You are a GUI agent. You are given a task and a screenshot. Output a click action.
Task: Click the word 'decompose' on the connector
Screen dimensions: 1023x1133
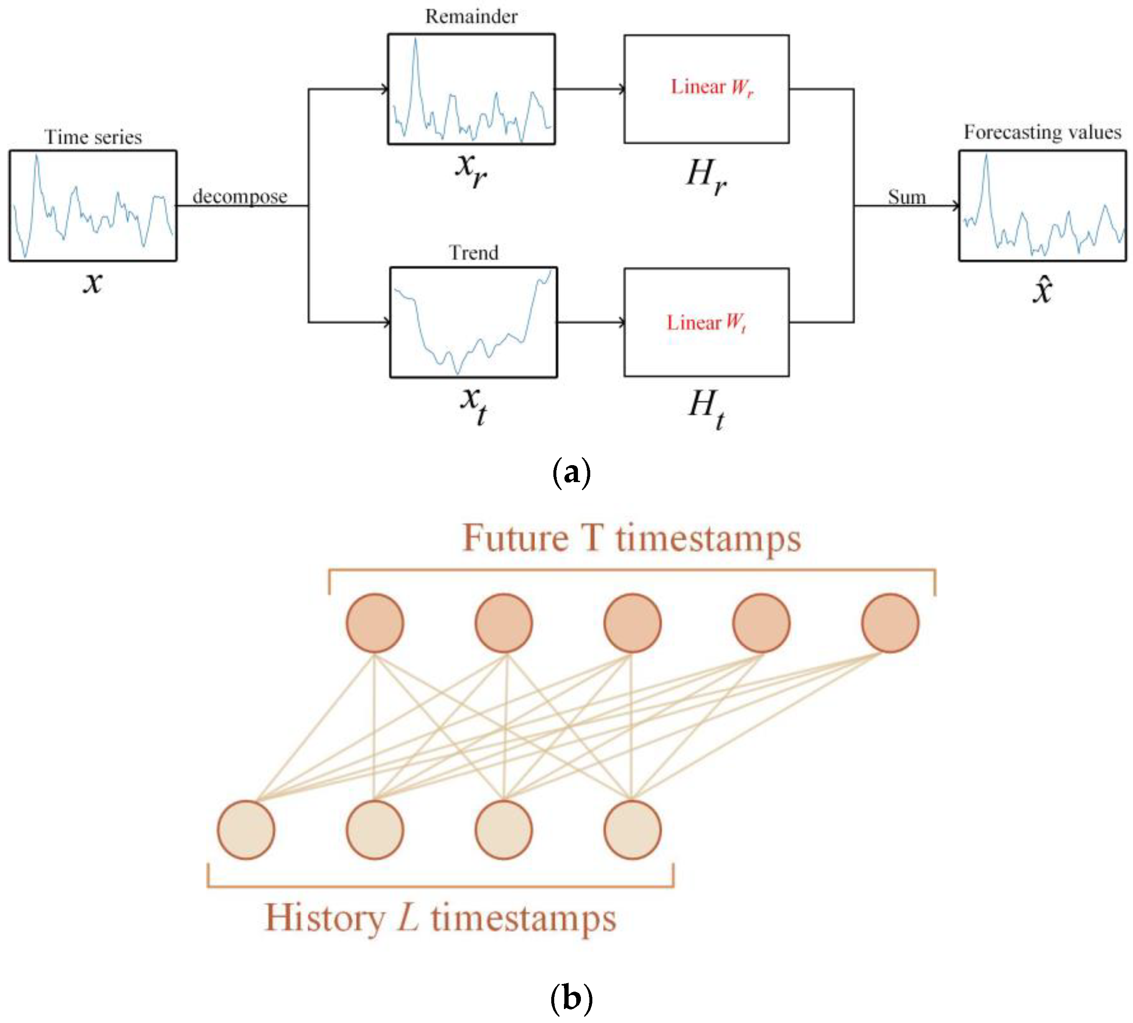(240, 197)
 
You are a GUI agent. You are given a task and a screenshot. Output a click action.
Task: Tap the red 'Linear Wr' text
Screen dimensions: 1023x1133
(711, 87)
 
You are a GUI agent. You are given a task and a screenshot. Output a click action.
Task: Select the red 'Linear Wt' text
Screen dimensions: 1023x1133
(706, 322)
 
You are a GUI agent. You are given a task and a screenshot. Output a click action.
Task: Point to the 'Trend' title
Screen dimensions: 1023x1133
(473, 253)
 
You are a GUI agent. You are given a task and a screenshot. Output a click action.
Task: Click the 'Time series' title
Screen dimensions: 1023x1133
(93, 137)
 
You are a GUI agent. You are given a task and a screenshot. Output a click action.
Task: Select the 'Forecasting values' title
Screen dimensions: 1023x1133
(1042, 132)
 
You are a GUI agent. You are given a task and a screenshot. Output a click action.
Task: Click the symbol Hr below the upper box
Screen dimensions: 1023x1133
(706, 175)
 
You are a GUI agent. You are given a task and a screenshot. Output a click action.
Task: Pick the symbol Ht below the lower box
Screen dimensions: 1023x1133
(706, 408)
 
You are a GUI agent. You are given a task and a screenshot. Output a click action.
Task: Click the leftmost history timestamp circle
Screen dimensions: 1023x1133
(246, 830)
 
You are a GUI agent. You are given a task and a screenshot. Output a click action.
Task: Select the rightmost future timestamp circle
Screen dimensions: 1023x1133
(890, 623)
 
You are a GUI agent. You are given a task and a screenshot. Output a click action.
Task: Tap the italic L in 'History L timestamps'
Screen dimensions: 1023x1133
(408, 918)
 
